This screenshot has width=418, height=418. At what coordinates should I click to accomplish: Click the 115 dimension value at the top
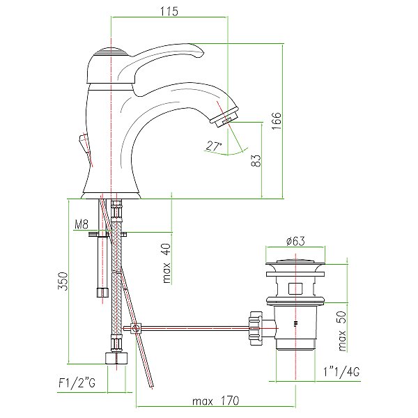pos(169,11)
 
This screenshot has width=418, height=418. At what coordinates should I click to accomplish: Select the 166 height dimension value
pos(277,121)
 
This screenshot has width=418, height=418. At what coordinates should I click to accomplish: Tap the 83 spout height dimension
pos(256,161)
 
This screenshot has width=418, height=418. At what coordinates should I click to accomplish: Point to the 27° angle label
pos(214,146)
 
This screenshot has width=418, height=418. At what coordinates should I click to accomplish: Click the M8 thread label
pos(81,225)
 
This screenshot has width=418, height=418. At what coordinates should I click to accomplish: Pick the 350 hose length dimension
pos(62,281)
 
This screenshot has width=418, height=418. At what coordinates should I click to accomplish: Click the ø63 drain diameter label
pos(295,241)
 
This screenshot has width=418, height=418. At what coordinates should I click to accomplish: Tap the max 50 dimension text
pos(342,331)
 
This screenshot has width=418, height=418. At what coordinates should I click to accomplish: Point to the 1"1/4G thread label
pos(341,371)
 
